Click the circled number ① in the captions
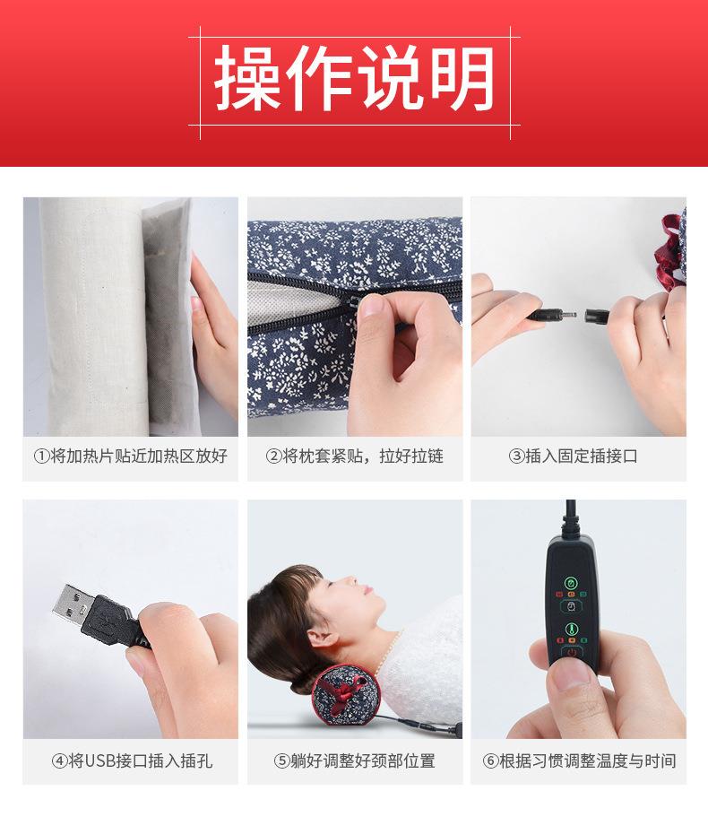[41, 456]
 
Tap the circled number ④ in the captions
[60, 761]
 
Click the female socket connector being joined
[596, 317]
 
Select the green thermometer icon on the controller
[570, 629]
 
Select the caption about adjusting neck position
[362, 761]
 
